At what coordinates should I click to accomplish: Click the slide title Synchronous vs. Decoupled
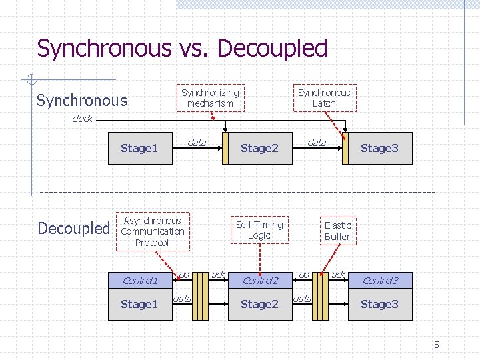tap(182, 49)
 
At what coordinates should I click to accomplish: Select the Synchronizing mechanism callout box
tap(210, 98)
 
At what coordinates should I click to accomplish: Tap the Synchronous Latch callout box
tap(324, 98)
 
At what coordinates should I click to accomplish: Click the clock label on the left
tap(82, 119)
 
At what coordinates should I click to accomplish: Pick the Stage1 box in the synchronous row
tap(139, 148)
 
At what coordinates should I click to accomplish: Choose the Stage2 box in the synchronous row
tap(259, 148)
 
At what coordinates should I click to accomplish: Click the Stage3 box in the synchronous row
tap(379, 148)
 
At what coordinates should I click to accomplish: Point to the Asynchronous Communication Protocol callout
tap(153, 231)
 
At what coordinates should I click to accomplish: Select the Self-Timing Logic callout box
tap(259, 230)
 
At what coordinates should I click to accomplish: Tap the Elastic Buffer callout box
tap(337, 231)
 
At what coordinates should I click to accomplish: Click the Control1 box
tap(139, 281)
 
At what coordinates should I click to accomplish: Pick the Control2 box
tap(259, 281)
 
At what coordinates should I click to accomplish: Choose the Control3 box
tap(379, 281)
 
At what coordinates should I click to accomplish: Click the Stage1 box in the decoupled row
tap(139, 305)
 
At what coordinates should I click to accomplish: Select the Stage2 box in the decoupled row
tap(259, 305)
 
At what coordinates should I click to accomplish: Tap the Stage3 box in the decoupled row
tap(379, 305)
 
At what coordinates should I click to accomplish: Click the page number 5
tap(437, 345)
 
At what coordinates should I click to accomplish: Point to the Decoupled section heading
tap(73, 229)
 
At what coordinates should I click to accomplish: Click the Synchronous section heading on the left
tap(82, 101)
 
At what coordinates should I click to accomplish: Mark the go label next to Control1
tap(184, 274)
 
